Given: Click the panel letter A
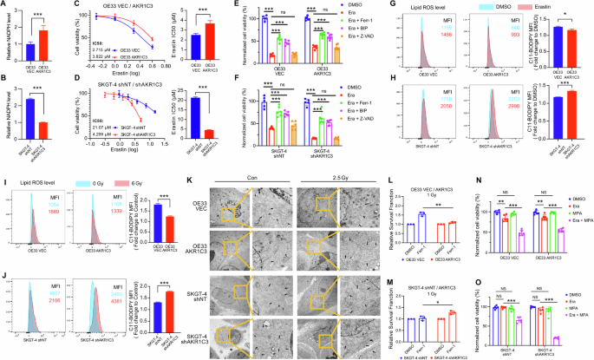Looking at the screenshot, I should click(5, 7).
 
